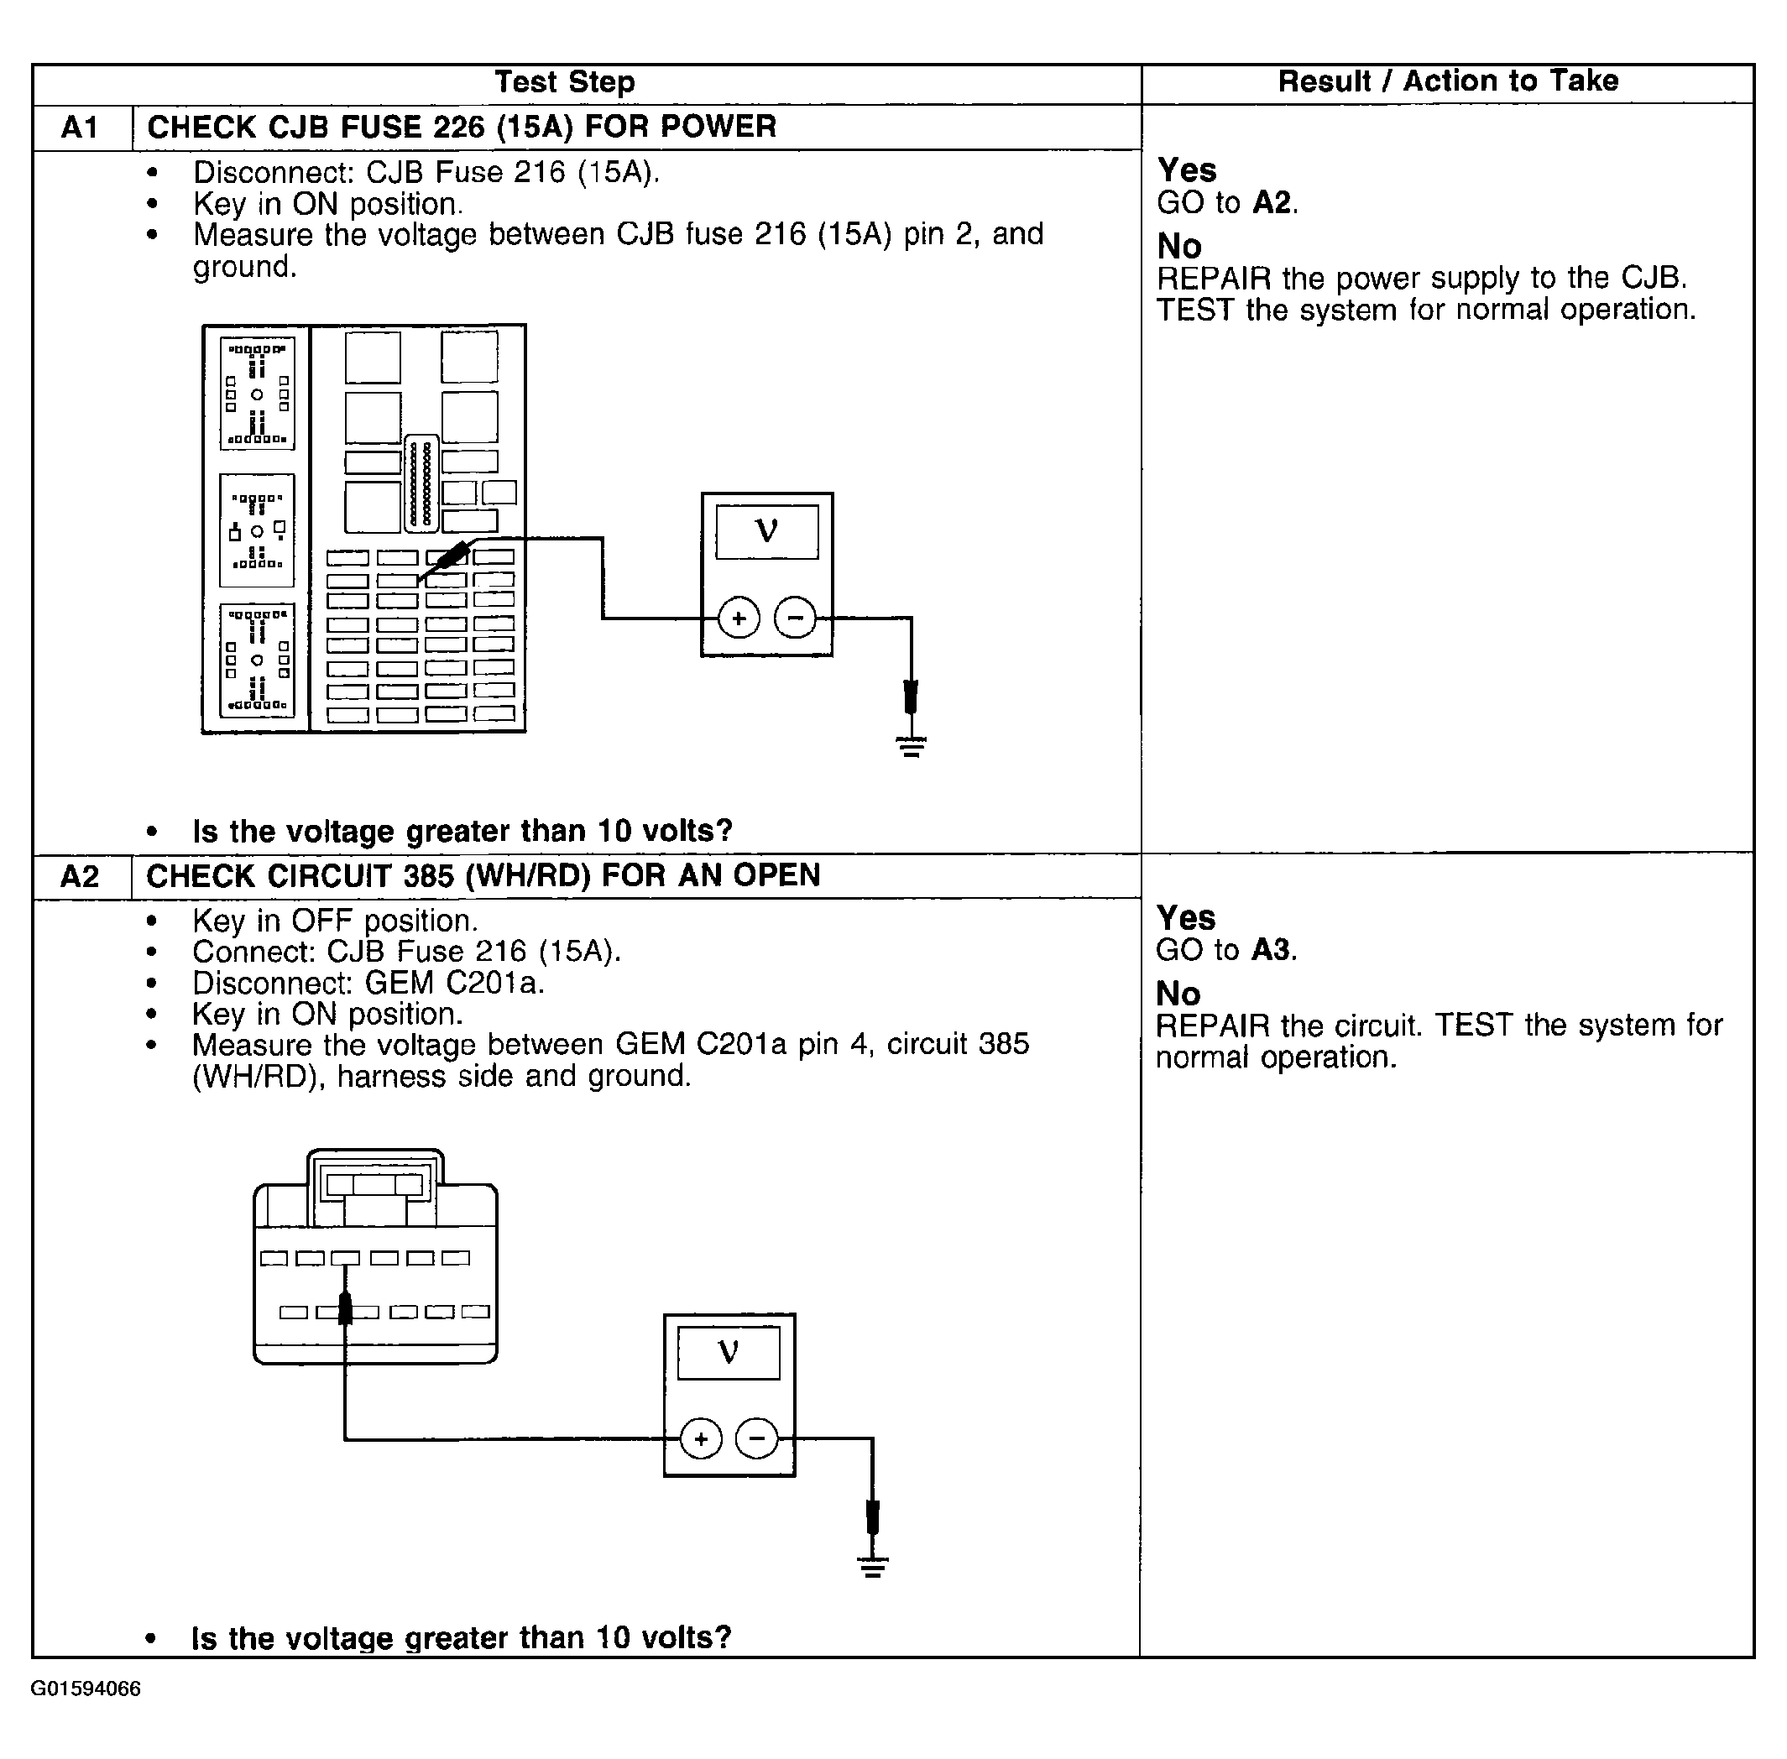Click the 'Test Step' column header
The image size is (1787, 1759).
565,82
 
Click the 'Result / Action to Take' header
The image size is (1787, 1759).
1447,81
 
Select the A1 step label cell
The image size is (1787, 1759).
81,128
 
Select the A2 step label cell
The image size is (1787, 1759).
80,876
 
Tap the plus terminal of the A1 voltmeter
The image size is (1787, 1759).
739,618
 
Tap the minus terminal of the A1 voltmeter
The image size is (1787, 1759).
795,618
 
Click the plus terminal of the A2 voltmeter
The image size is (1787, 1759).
700,1438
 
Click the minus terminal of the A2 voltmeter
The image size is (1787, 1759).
757,1438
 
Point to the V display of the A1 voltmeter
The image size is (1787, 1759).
766,531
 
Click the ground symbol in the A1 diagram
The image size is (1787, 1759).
911,746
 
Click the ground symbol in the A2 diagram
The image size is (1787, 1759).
872,1567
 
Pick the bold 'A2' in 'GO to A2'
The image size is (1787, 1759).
1272,203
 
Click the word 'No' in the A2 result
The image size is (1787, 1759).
1178,994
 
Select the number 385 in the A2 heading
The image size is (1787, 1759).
429,876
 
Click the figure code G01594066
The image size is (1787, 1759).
86,1689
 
